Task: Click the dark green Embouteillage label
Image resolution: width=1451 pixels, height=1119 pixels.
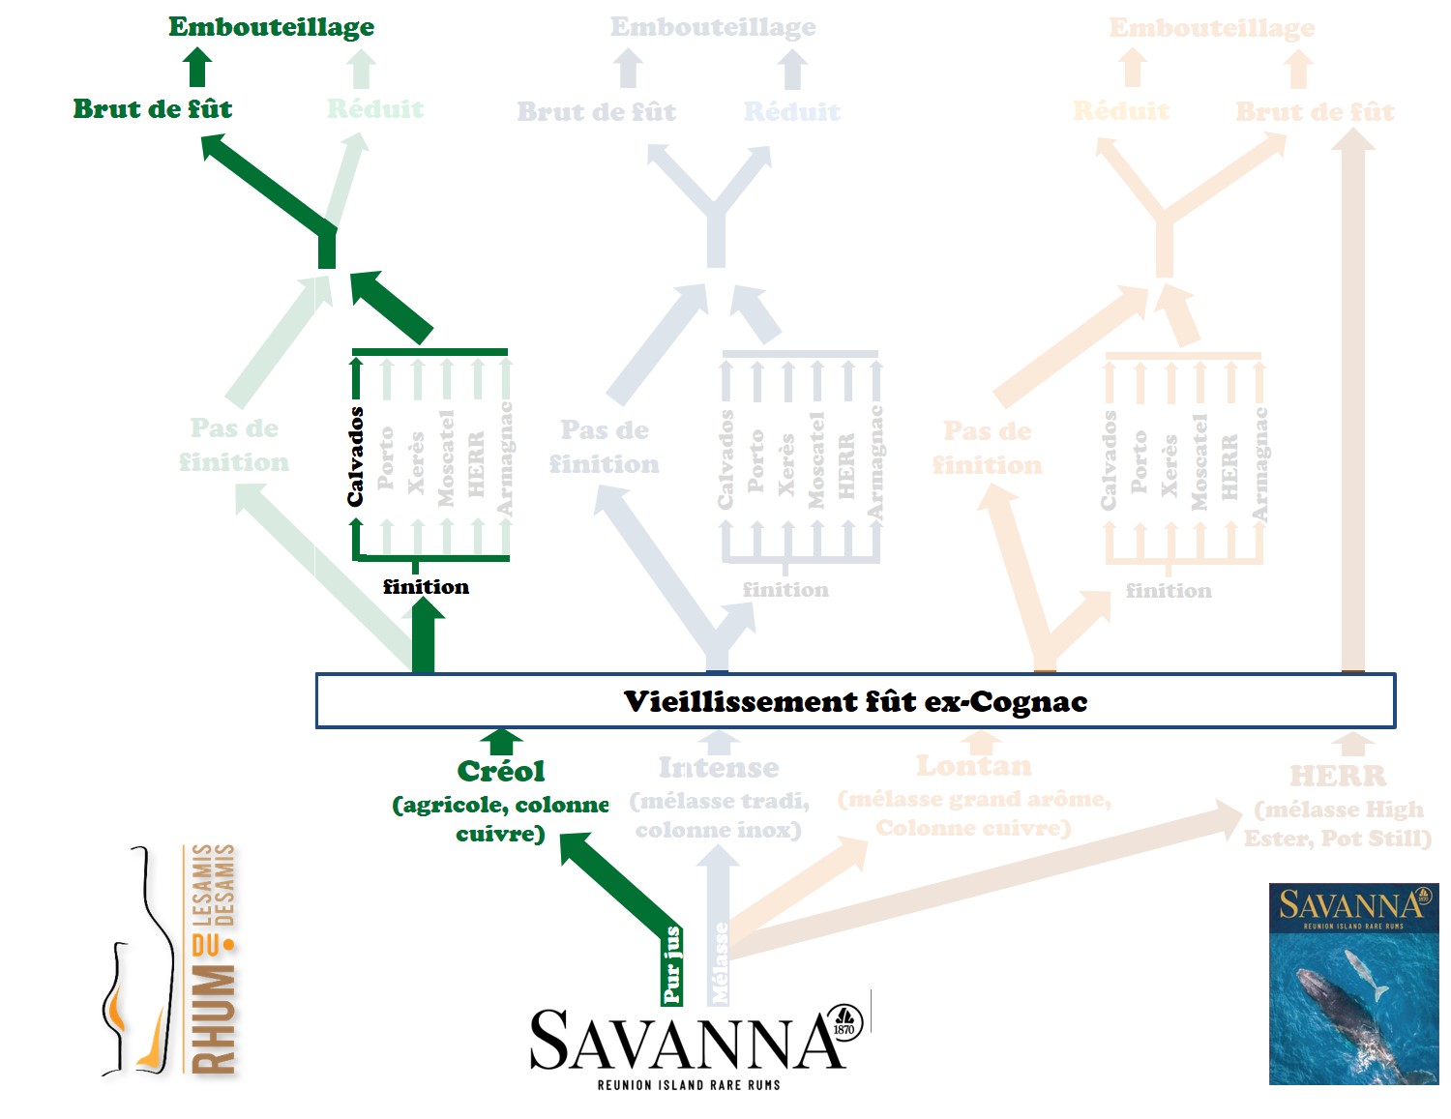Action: coord(271,27)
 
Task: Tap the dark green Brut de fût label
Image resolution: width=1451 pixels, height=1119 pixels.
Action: coord(153,108)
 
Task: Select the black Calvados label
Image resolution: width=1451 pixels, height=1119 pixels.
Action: coord(356,456)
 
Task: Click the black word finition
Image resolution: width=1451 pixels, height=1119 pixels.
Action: coord(426,586)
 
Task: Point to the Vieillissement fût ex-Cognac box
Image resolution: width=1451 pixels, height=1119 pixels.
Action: coord(855,701)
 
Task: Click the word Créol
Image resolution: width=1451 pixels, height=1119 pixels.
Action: coord(501,771)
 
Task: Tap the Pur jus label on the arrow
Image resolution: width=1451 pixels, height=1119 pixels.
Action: coord(672,964)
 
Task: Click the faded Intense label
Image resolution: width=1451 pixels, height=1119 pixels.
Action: coord(719,767)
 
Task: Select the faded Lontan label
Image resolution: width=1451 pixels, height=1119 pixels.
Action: coord(974,766)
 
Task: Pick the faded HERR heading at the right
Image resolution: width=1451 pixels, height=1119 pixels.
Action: coord(1338,776)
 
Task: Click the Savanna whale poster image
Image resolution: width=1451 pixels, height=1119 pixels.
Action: coord(1353,984)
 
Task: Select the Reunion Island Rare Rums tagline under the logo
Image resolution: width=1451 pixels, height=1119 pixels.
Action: coord(688,1085)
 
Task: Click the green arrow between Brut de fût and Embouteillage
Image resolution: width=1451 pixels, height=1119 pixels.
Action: coord(197,68)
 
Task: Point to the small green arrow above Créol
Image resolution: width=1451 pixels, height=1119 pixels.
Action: coord(501,742)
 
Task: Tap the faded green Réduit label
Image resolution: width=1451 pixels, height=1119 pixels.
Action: coord(375,108)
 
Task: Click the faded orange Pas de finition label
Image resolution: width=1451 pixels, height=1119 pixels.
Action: coord(988,448)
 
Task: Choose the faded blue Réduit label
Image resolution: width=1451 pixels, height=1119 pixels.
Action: coord(792,111)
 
